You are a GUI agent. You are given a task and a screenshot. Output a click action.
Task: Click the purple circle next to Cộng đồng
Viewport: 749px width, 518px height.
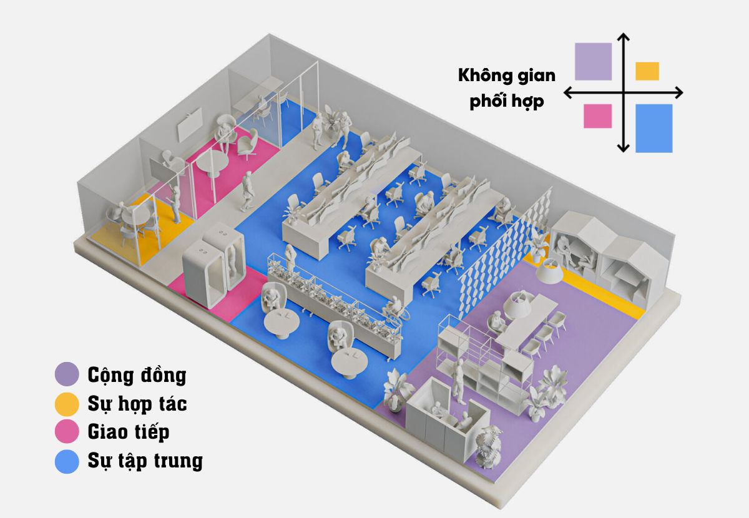click(67, 375)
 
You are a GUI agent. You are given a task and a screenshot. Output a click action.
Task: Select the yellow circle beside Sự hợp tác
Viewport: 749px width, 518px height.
click(67, 404)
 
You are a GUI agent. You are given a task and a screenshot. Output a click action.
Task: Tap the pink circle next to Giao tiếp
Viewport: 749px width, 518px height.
click(67, 432)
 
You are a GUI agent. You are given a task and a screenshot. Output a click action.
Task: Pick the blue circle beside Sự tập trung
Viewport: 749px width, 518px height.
click(67, 461)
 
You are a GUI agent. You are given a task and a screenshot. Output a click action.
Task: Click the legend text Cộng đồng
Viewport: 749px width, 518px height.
click(137, 375)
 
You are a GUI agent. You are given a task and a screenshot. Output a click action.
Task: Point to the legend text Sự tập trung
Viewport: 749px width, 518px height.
click(145, 461)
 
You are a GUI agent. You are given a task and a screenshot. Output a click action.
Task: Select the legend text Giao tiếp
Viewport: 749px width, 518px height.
click(128, 432)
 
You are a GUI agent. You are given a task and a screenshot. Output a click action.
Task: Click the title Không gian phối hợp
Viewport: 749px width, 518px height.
click(506, 89)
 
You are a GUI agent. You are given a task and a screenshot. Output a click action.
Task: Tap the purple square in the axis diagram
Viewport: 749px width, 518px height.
click(593, 61)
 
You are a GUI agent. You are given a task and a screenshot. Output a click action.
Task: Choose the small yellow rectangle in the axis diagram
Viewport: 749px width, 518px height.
click(647, 71)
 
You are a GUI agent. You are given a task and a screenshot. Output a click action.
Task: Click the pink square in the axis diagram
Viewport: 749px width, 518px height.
click(597, 116)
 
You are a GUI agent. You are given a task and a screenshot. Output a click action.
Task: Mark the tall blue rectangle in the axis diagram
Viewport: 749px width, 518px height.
click(654, 128)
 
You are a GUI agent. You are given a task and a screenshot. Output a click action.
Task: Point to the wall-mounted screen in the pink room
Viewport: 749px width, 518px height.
click(190, 125)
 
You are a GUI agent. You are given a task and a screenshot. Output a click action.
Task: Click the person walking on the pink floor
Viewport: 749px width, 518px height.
click(248, 191)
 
